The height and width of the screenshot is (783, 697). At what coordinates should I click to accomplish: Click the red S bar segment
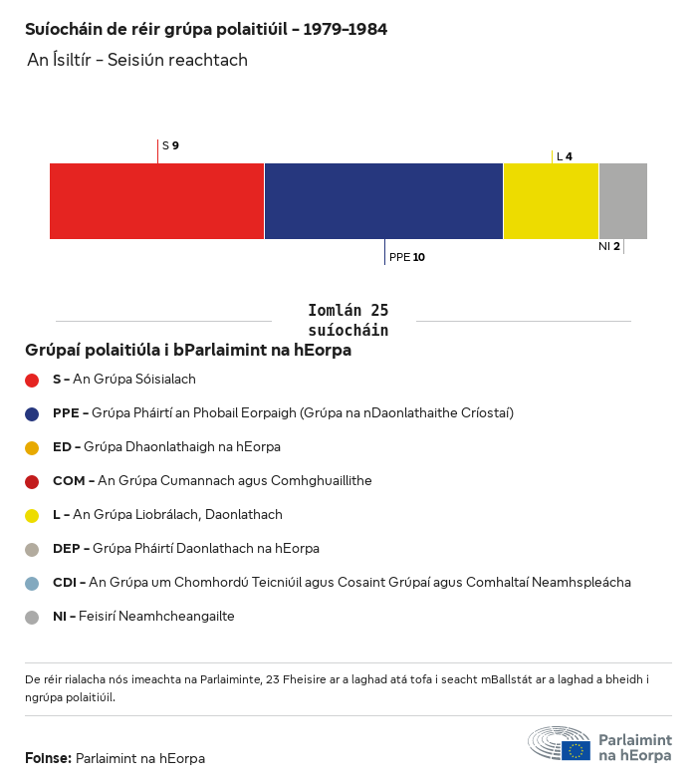(x=156, y=201)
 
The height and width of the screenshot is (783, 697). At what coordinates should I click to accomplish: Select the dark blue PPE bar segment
(x=383, y=201)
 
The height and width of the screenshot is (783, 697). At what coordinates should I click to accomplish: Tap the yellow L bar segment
(x=551, y=201)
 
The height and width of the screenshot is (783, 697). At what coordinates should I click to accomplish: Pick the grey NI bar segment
(x=622, y=201)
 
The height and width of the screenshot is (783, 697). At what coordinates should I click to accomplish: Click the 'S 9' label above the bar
(x=170, y=145)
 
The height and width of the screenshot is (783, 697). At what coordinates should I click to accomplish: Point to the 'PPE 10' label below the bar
(x=406, y=257)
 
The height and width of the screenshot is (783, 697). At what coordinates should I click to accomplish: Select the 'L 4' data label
(x=564, y=156)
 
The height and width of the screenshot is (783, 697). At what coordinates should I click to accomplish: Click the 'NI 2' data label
(x=608, y=246)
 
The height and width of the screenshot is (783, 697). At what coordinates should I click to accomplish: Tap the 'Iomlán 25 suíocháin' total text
(x=348, y=320)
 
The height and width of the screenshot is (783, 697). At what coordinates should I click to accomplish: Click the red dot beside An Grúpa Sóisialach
(x=32, y=380)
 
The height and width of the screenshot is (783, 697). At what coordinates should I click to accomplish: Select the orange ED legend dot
(x=32, y=447)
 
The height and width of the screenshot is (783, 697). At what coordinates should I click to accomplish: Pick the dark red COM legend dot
(x=32, y=481)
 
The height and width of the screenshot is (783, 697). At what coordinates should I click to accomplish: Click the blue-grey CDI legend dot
(x=32, y=583)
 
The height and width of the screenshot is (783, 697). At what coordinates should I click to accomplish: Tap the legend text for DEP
(x=185, y=548)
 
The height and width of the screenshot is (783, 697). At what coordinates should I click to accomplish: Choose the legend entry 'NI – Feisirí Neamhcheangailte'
(x=143, y=616)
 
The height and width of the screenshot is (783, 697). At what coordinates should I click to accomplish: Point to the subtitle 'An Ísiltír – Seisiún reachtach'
(x=137, y=61)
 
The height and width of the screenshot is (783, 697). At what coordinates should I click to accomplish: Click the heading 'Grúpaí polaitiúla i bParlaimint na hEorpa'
(x=188, y=351)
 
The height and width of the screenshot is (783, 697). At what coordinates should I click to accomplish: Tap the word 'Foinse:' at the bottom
(x=48, y=758)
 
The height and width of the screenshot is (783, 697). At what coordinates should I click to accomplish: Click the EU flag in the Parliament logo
(x=576, y=750)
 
